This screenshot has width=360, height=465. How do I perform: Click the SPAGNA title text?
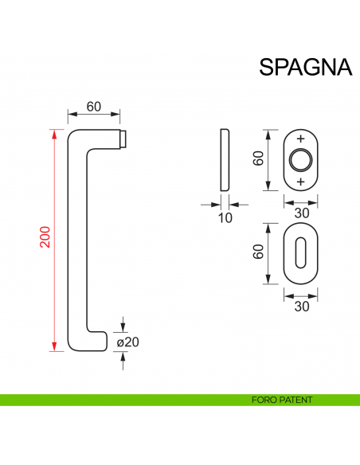(306, 67)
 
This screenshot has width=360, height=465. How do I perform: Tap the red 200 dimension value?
(45, 237)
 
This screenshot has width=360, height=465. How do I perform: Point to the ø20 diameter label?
(128, 342)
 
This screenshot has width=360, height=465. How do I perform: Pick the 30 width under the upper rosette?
(301, 213)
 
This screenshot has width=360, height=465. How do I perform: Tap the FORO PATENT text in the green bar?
(281, 400)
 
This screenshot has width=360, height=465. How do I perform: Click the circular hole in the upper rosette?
(301, 160)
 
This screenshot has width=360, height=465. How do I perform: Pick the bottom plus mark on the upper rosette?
(301, 182)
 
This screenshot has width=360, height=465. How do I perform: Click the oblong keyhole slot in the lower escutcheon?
(301, 252)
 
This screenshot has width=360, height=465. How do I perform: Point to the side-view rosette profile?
(223, 159)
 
